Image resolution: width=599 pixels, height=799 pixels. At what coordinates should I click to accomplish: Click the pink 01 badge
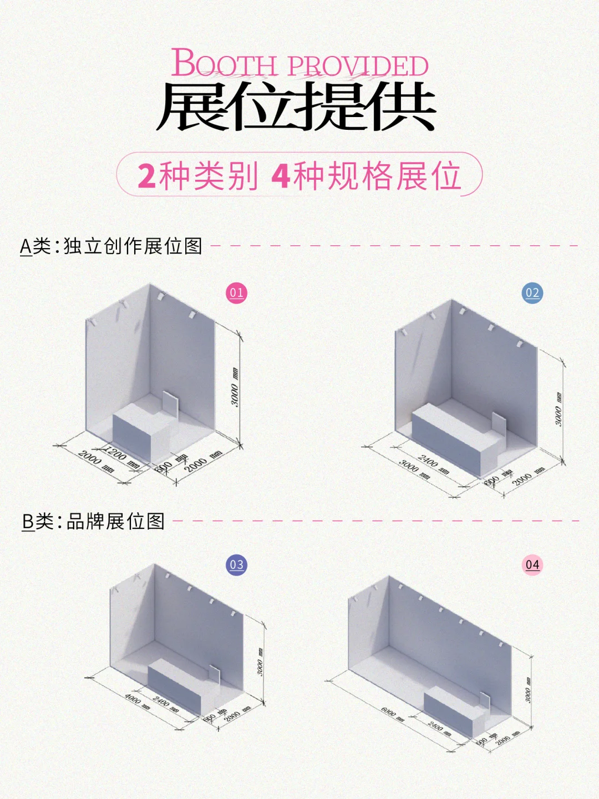coord(236,292)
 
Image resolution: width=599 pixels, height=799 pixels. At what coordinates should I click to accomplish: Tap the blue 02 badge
coord(532,292)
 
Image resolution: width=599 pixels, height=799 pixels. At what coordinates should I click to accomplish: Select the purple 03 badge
coord(236,564)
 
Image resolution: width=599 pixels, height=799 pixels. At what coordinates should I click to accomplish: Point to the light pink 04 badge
coord(532,564)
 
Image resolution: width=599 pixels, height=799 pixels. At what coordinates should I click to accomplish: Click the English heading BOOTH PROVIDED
coord(299,64)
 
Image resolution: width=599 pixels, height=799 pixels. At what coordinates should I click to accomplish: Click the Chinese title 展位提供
coord(296,107)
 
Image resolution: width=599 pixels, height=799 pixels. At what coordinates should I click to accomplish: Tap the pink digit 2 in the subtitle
coord(146,176)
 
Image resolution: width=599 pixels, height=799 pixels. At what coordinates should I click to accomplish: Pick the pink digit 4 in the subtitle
coord(281,176)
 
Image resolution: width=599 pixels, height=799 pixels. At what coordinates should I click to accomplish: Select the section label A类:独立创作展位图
coord(111,246)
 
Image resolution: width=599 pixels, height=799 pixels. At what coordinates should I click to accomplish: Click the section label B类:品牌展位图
coord(93,522)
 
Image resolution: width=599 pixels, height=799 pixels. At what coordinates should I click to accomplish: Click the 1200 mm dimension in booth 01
coord(121,456)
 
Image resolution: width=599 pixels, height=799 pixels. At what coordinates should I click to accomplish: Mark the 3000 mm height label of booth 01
coord(235,387)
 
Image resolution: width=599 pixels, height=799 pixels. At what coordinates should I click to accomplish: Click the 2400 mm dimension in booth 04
coord(439,729)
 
